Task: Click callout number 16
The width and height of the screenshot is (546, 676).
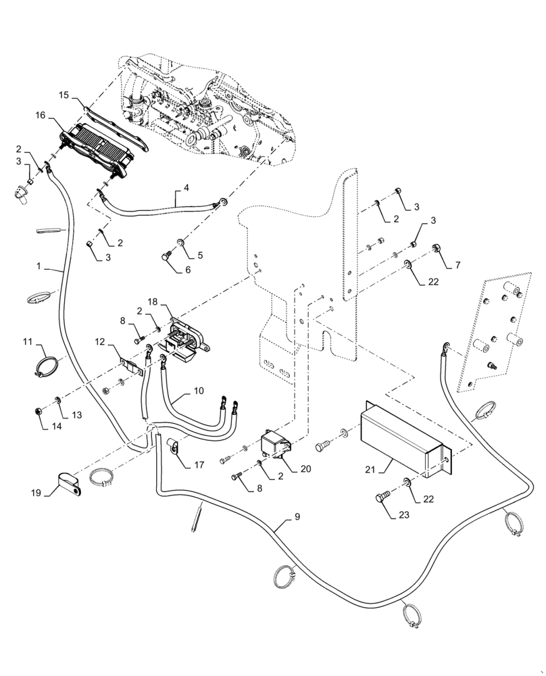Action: [x=40, y=116]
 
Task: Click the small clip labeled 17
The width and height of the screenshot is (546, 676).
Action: [x=173, y=447]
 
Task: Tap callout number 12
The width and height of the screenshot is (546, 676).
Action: [x=100, y=343]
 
